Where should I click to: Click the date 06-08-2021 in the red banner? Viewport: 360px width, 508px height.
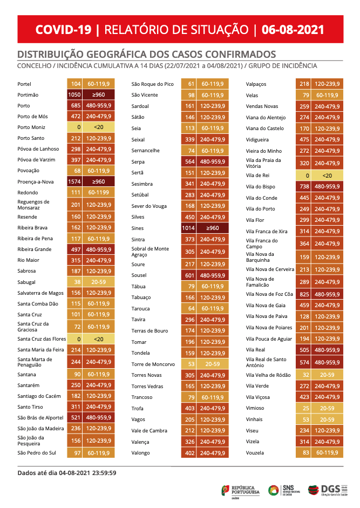tap(293, 30)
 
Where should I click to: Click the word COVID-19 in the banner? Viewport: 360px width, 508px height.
tap(64, 30)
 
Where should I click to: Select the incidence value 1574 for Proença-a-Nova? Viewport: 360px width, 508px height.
tap(74, 182)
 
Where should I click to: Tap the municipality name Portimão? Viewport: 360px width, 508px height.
tap(28, 95)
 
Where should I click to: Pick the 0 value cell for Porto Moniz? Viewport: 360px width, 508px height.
tap(74, 127)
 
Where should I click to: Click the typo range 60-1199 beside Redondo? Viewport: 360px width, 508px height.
tap(99, 192)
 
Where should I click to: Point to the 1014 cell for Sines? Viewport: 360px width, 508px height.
tap(188, 228)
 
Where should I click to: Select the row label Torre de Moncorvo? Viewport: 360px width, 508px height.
tap(153, 364)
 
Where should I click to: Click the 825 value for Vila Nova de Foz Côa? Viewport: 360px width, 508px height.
tap(303, 294)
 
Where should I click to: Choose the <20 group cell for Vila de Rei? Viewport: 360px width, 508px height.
tap(327, 175)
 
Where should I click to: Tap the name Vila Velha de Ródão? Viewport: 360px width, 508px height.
tap(268, 375)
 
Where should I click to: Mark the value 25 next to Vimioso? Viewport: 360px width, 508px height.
tap(303, 408)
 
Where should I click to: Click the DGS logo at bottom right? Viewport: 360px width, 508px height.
tap(328, 490)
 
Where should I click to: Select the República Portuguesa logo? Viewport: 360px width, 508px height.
tap(240, 491)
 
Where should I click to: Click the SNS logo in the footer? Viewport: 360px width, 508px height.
tap(284, 490)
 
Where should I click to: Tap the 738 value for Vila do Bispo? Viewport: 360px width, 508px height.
tap(303, 187)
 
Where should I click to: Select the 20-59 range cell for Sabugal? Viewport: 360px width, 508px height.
tap(99, 282)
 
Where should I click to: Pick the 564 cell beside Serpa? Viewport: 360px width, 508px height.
tap(188, 161)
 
